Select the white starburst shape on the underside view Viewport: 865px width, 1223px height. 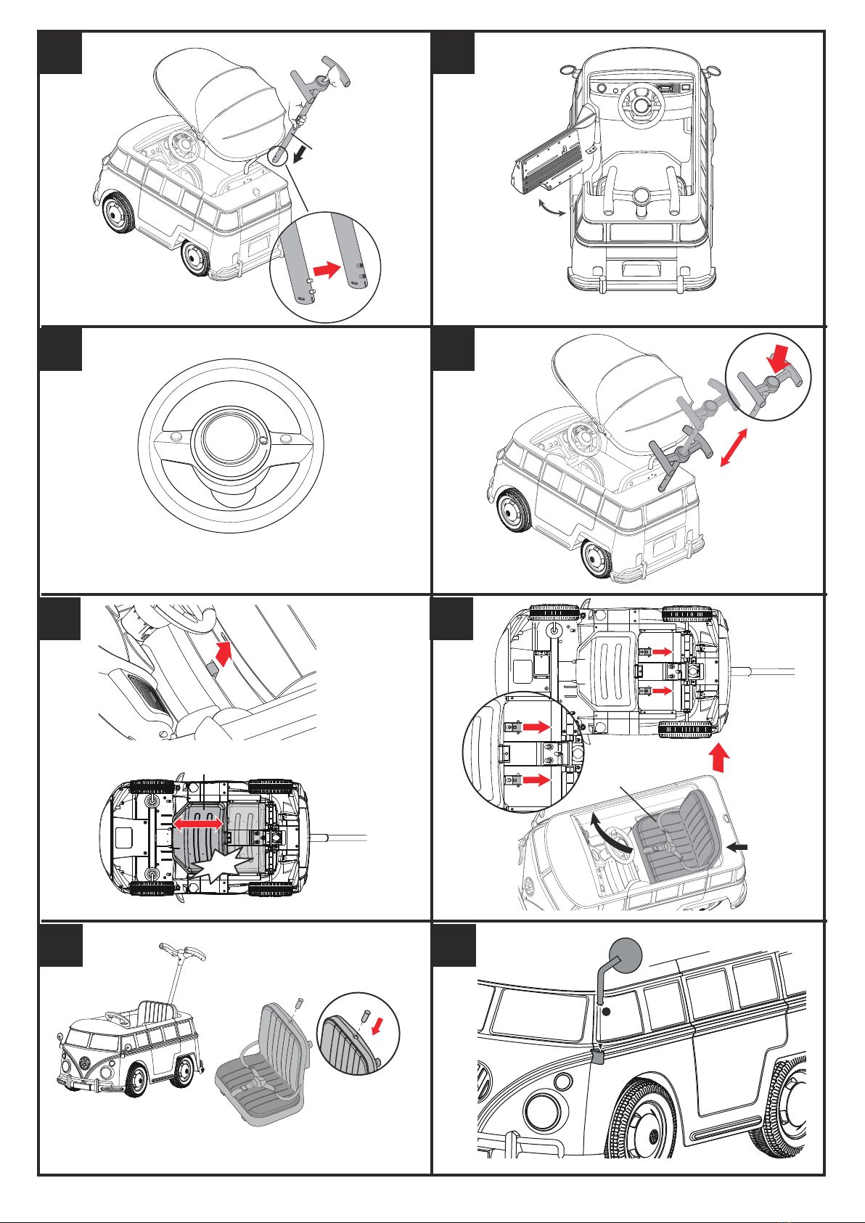click(210, 871)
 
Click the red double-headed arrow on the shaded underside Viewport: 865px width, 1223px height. click(197, 825)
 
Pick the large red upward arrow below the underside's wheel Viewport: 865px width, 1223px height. click(718, 759)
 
